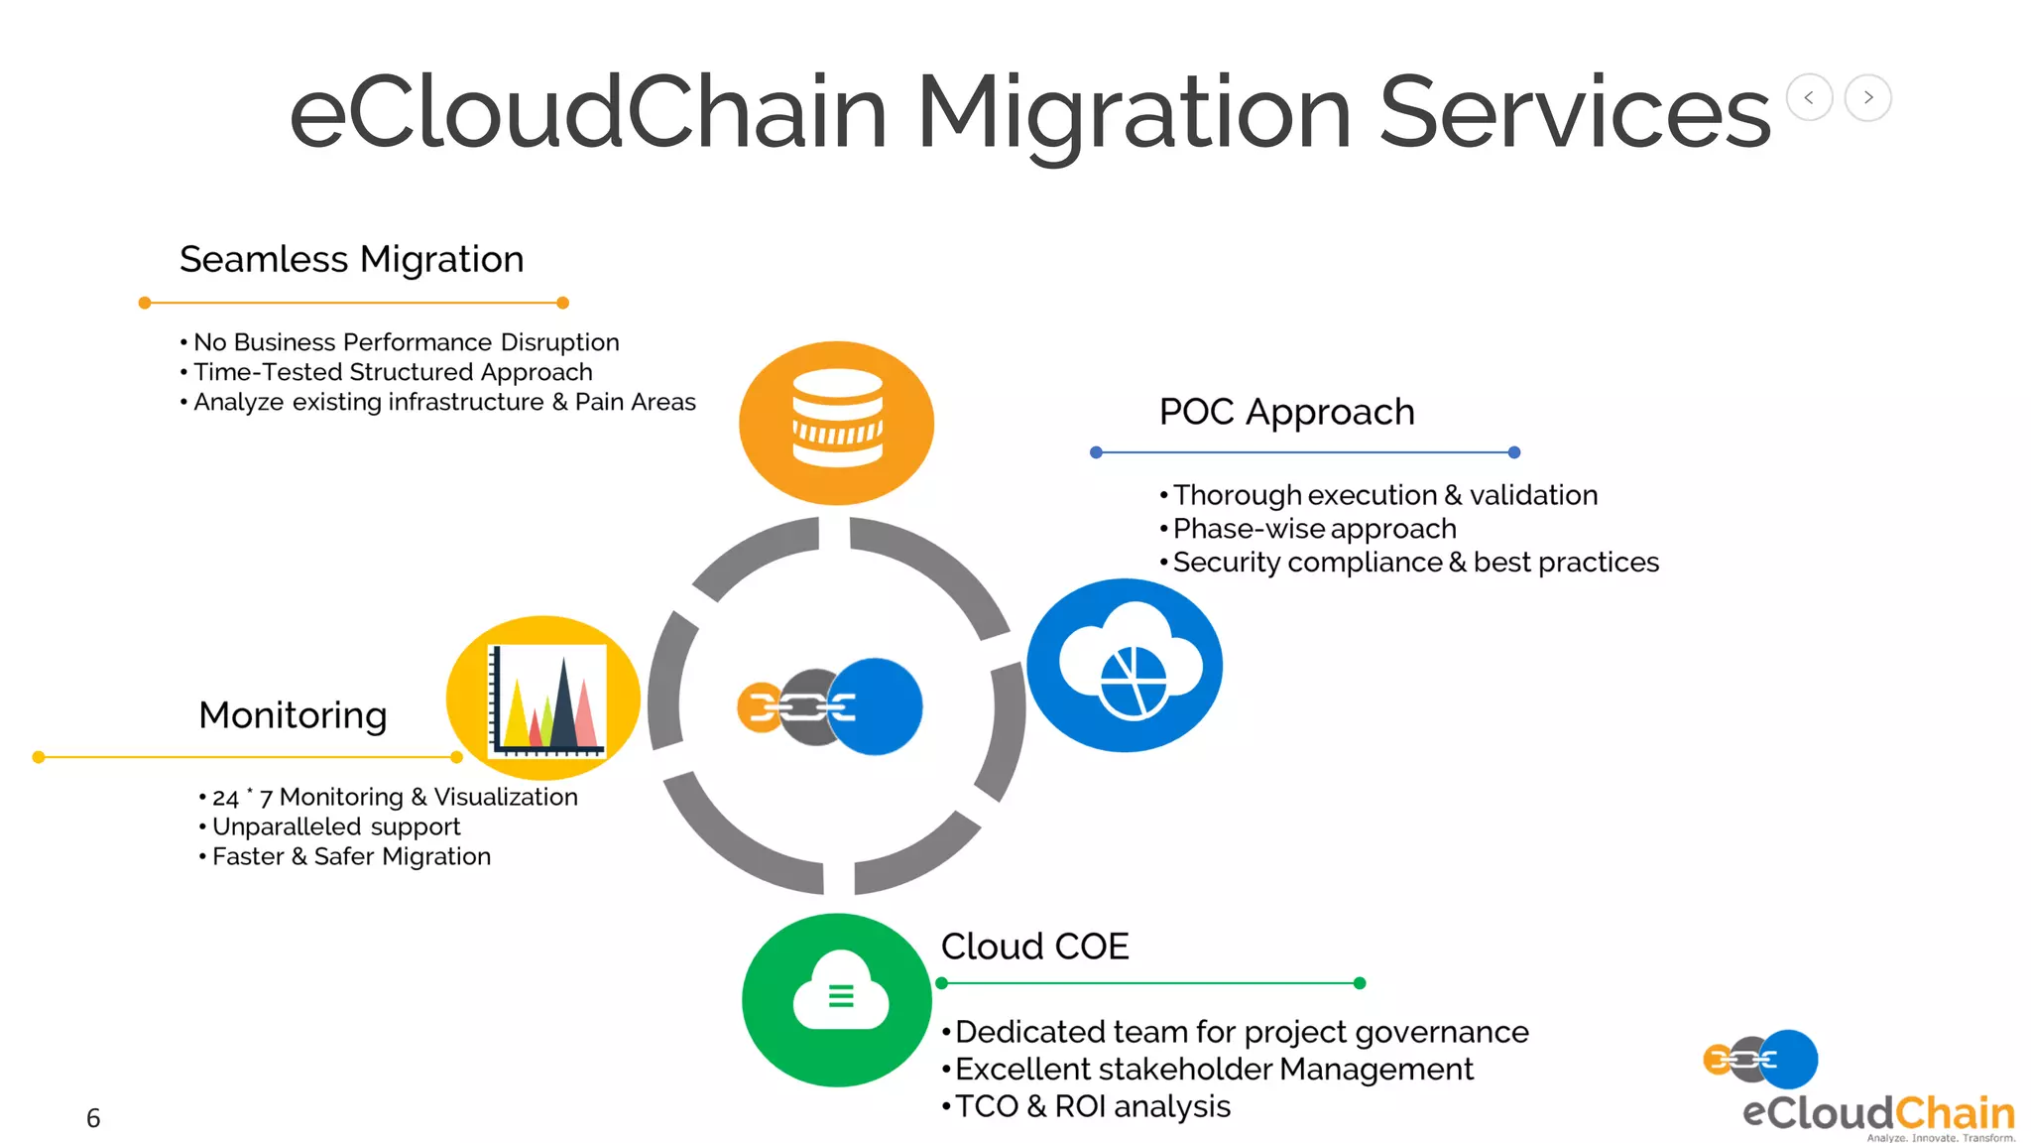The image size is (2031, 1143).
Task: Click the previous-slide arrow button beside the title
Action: point(1809,97)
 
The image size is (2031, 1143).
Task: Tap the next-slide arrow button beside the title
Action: point(1868,97)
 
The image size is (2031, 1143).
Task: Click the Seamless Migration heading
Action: point(351,260)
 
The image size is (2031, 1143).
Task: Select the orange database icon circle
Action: point(837,423)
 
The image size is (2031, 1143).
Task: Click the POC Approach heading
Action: point(1286,412)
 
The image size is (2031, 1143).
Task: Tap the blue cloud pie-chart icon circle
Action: point(1125,666)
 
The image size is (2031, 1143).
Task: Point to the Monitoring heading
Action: point(293,715)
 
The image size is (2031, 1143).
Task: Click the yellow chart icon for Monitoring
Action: point(543,698)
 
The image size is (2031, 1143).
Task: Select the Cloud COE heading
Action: point(1034,947)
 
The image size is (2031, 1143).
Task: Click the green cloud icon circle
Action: point(838,999)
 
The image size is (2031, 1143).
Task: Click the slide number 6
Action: point(93,1118)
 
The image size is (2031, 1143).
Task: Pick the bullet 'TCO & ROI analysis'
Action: point(1092,1106)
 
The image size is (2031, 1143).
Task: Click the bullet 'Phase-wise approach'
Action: point(1314,529)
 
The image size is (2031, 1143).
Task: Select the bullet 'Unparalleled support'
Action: point(336,826)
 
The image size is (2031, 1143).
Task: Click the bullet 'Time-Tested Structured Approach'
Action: point(393,372)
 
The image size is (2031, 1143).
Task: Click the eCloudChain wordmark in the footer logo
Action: point(1878,1112)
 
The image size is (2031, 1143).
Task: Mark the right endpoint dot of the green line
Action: point(1360,983)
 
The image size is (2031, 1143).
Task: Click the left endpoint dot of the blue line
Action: point(1096,452)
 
